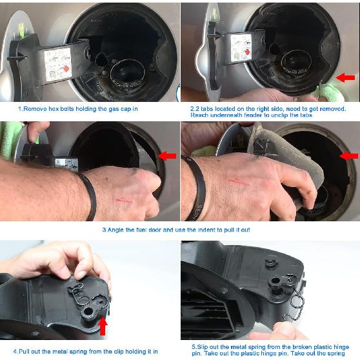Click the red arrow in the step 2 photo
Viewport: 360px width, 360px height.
[x=346, y=77]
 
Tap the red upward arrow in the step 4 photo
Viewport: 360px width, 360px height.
[x=103, y=326]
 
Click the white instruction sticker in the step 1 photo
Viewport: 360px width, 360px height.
[x=58, y=65]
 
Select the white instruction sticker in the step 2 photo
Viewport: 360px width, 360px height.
[x=241, y=48]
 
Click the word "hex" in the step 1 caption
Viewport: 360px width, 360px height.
[x=53, y=109]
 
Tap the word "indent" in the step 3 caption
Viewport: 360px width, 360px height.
[x=206, y=230]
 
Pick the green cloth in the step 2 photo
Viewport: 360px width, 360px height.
[x=330, y=92]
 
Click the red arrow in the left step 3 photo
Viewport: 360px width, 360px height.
[x=167, y=156]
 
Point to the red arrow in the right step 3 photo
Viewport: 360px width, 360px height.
[x=349, y=156]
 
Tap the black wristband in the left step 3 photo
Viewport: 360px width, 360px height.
[x=90, y=196]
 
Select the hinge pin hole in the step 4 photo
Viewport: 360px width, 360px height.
[x=88, y=312]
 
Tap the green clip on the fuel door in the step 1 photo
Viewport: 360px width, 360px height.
[x=21, y=31]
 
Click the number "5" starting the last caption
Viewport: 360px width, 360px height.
[x=194, y=347]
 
